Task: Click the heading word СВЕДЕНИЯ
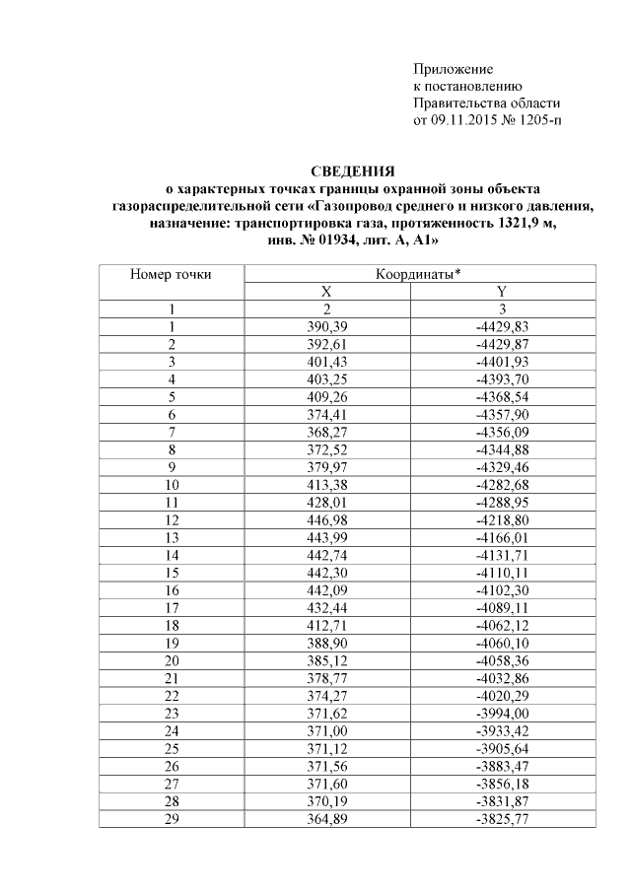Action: coord(353,171)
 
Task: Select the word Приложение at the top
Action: coord(453,69)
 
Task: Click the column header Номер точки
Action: coord(172,274)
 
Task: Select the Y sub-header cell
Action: coord(501,292)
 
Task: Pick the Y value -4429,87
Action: coord(501,344)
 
